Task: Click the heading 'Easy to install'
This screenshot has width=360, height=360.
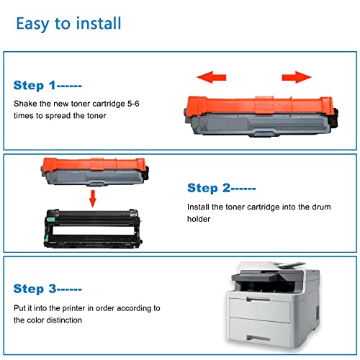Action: point(68,24)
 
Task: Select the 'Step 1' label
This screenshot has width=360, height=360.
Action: point(35,86)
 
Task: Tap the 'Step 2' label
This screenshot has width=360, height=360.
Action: point(209,188)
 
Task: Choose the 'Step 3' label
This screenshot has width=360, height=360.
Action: point(35,289)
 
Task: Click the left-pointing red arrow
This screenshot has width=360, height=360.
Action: point(212,77)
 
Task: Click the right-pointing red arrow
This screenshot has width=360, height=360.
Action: point(297,77)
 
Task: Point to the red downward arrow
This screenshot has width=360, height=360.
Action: point(93,199)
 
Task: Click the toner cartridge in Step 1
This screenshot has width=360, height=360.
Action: point(261,117)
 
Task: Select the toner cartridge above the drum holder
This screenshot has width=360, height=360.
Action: point(95,172)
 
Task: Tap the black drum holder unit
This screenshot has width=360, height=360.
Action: point(93,228)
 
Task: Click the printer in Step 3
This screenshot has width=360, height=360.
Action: point(273,305)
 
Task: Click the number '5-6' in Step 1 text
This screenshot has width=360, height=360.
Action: point(133,104)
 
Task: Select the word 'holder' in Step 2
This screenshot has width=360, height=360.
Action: point(199,219)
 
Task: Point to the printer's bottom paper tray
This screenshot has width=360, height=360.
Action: point(260,330)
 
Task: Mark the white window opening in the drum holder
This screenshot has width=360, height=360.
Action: point(94,230)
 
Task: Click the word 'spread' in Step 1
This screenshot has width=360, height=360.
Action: point(58,116)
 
